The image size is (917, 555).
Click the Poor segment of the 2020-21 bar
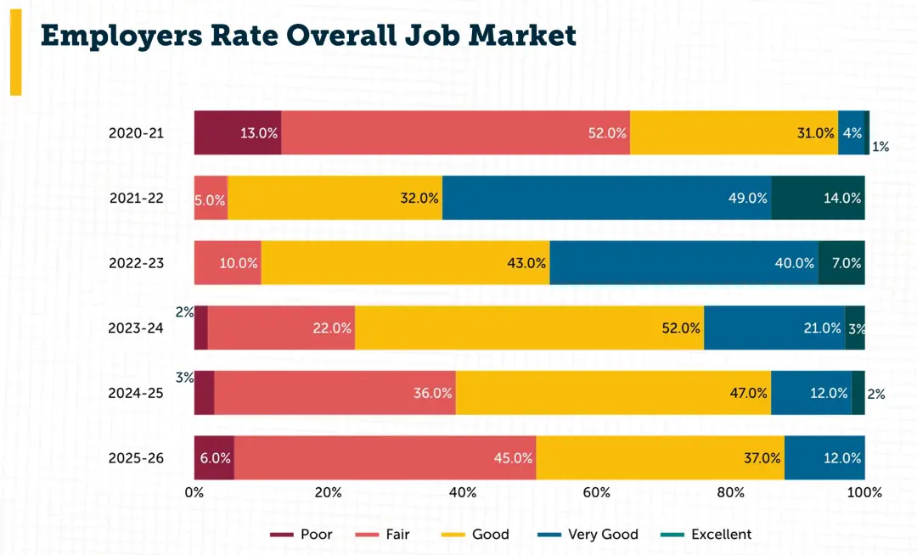[238, 132]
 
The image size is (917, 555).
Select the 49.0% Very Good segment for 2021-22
[606, 198]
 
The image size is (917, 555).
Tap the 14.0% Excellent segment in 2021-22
[818, 198]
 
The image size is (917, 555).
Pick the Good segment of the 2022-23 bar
[405, 262]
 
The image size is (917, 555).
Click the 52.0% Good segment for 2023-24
[529, 328]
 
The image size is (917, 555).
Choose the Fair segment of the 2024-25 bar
[335, 393]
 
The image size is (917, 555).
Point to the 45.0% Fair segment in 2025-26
[385, 457]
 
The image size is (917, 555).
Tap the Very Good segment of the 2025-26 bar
[824, 457]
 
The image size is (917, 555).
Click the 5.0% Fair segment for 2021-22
[211, 198]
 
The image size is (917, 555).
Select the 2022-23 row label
[136, 263]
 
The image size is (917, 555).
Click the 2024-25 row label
[136, 393]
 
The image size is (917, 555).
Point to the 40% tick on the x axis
[462, 492]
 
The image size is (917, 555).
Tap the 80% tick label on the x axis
[730, 492]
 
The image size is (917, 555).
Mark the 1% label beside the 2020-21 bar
[880, 147]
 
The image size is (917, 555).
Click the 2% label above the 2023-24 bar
[184, 311]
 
